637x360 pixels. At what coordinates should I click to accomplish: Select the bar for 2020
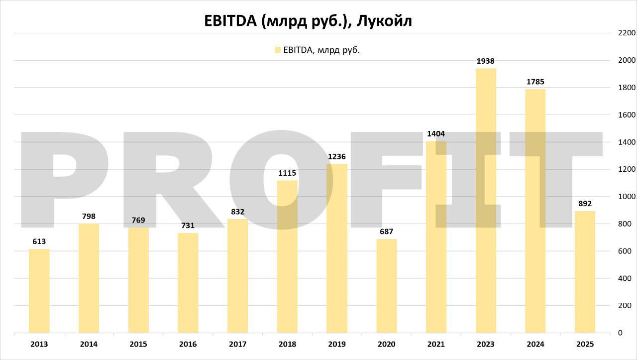pyautogui.click(x=386, y=286)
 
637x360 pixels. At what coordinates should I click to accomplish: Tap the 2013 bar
pyautogui.click(x=39, y=291)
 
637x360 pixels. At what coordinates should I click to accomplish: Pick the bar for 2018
pyautogui.click(x=287, y=256)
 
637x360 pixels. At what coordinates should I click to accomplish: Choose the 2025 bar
pyautogui.click(x=585, y=272)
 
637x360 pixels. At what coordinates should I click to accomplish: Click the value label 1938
pyautogui.click(x=485, y=61)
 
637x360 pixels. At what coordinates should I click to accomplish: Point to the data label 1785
pyautogui.click(x=535, y=82)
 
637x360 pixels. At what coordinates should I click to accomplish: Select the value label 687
pyautogui.click(x=386, y=232)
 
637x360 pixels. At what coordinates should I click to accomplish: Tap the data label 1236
pyautogui.click(x=337, y=157)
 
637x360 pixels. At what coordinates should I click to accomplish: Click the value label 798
pyautogui.click(x=89, y=217)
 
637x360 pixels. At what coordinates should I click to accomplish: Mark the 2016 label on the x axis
pyautogui.click(x=188, y=344)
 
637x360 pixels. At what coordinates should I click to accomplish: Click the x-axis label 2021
pyautogui.click(x=436, y=344)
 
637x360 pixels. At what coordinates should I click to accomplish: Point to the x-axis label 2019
pyautogui.click(x=337, y=344)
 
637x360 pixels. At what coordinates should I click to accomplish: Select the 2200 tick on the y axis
pyautogui.click(x=627, y=33)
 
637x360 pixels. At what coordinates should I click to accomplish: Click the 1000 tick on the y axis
pyautogui.click(x=627, y=197)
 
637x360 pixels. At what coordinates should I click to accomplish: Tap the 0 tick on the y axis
pyautogui.click(x=620, y=333)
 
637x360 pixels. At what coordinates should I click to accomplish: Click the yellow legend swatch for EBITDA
pyautogui.click(x=278, y=50)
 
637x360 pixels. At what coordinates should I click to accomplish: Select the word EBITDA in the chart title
pyautogui.click(x=230, y=21)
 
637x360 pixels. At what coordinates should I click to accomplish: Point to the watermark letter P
pyautogui.click(x=65, y=179)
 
